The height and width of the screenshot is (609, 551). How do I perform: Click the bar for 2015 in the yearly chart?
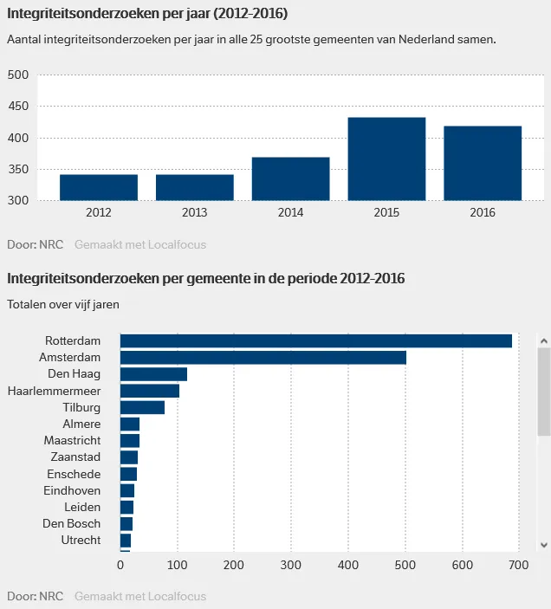point(386,159)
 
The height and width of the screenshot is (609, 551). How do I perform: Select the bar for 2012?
point(99,187)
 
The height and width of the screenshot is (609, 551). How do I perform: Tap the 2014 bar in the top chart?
point(290,178)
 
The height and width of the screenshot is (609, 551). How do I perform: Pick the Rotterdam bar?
point(316,340)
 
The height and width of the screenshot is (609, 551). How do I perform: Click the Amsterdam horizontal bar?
point(263,357)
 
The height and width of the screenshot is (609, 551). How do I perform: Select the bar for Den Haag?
point(153,374)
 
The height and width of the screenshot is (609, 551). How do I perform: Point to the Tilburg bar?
point(142,407)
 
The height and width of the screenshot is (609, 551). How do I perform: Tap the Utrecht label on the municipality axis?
point(82,540)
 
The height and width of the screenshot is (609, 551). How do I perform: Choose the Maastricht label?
point(73,441)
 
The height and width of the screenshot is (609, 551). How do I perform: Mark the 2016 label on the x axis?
point(483,212)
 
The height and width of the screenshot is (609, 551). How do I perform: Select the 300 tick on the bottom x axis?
point(291,565)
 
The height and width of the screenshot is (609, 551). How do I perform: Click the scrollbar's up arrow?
point(544,340)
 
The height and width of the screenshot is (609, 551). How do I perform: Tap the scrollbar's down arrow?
point(544,544)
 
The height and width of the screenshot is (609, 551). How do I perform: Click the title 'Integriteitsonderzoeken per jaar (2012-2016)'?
point(147,14)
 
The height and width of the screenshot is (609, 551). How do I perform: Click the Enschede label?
point(74,474)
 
